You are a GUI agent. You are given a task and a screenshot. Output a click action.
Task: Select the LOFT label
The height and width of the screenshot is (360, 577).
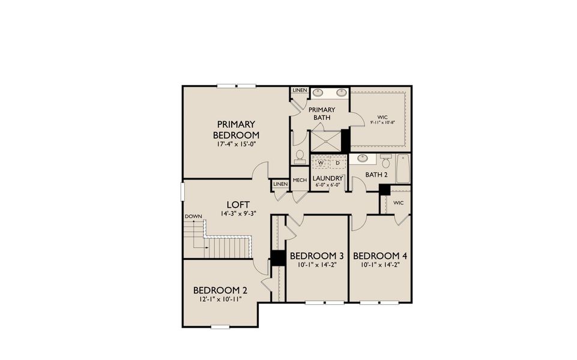point(234,204)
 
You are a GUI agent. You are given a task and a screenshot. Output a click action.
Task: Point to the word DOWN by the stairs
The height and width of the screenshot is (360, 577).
point(193,216)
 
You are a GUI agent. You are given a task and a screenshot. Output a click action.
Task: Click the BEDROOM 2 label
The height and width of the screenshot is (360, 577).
point(220,290)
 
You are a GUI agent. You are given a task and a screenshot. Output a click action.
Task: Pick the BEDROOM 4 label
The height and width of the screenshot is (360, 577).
point(379,256)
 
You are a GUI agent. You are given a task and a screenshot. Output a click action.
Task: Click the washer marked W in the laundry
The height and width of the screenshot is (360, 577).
point(321,163)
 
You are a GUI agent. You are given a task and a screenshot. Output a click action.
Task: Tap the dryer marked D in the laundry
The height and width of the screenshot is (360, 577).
point(337,163)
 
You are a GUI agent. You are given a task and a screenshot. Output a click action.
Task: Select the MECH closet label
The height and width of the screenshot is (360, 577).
point(300,180)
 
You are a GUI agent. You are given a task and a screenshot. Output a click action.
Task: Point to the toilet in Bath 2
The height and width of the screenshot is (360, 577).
point(386,161)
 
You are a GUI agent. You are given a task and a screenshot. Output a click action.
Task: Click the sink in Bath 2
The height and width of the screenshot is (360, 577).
point(363,159)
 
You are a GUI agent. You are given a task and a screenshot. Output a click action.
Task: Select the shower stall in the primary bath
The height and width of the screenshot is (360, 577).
point(325,142)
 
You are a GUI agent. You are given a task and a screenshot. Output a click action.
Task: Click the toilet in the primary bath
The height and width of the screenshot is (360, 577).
point(300,156)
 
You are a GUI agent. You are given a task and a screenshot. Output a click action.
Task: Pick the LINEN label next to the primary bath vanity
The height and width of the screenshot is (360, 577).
point(300,90)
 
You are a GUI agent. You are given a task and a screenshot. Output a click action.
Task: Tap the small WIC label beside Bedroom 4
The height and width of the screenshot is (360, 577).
point(398,203)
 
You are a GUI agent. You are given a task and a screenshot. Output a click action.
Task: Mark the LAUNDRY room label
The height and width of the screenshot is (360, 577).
point(328,178)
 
